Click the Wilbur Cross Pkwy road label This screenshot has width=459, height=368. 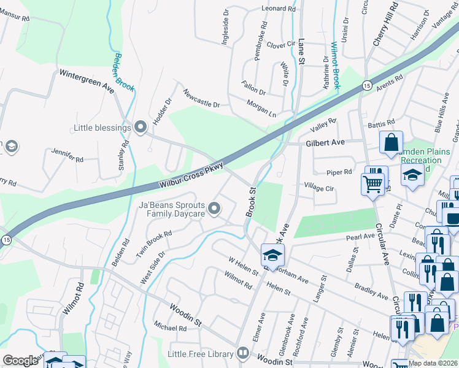click(191, 175)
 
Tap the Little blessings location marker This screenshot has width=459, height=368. click(141, 128)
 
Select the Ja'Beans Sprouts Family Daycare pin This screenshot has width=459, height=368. click(214, 209)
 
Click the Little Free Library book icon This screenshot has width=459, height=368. click(243, 353)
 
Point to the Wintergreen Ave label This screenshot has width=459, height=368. click(87, 81)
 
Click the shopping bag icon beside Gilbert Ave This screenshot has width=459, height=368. click(391, 143)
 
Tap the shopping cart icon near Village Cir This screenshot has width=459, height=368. click(373, 183)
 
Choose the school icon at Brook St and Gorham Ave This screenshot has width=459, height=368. click(272, 254)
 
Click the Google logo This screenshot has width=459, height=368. click(20, 360)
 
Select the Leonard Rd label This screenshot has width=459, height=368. click(279, 9)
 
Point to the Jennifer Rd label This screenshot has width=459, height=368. click(67, 155)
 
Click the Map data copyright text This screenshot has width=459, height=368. click(433, 362)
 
